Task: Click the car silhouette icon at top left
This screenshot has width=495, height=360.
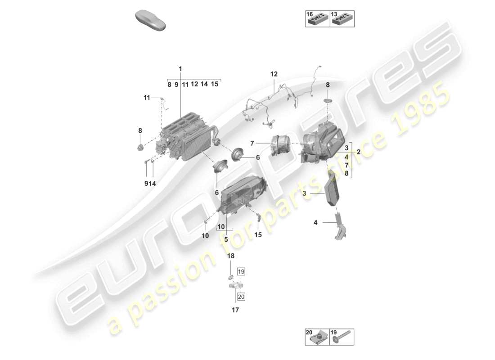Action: coord(151,21)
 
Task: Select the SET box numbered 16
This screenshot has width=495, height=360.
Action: coord(317,18)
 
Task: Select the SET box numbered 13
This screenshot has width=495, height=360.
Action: coord(342,18)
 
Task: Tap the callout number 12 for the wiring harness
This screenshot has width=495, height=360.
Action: coord(274,74)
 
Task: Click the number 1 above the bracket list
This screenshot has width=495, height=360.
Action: coord(180,69)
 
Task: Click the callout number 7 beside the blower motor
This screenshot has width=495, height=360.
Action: coord(252,143)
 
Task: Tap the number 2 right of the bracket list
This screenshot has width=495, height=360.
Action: coord(359,152)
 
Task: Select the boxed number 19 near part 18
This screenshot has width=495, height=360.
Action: coord(241,272)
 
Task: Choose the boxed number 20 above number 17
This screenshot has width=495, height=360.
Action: coord(241,296)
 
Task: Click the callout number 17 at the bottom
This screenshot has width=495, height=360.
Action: coord(235,310)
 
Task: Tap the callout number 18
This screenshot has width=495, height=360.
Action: coord(230,256)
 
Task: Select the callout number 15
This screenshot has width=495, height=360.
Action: coord(258,234)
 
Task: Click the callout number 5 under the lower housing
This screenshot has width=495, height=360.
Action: coord(226,239)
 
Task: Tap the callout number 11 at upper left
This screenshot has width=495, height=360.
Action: coord(147,97)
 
